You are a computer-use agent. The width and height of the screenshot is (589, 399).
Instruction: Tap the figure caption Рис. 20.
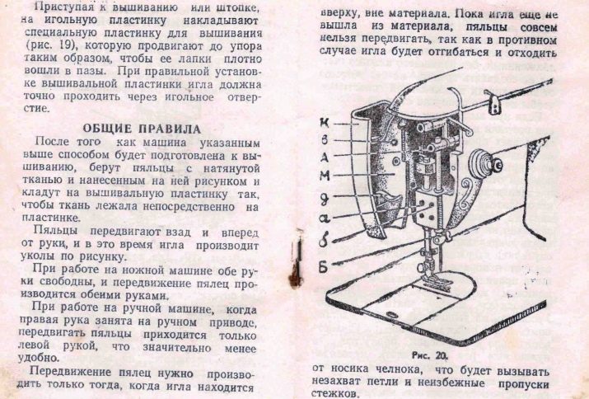(430, 355)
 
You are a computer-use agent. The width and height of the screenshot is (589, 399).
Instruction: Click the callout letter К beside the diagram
(325, 122)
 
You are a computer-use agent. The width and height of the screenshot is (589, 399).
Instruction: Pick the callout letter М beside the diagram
(325, 176)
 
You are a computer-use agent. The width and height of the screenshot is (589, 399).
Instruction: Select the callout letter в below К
(325, 140)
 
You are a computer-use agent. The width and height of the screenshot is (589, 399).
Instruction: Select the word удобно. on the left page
(39, 357)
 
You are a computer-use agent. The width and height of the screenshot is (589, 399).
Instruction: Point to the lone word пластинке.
(51, 218)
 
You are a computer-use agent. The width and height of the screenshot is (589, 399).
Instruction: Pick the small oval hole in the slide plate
(392, 313)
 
